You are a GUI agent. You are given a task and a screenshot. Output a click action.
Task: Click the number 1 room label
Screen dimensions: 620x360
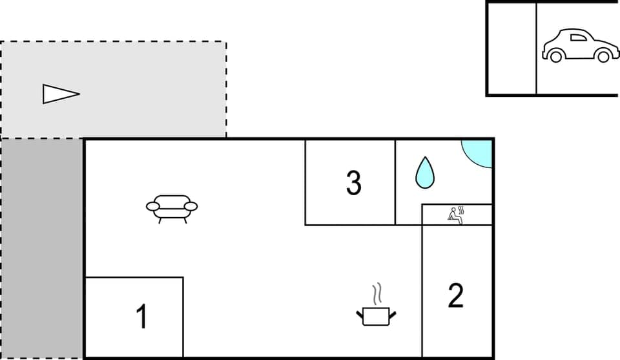(141, 317)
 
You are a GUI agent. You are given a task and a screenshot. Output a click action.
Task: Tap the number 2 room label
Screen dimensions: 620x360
(456, 295)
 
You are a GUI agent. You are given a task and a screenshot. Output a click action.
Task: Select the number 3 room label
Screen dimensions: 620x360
(353, 182)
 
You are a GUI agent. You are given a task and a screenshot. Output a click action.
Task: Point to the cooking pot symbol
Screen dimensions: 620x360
(376, 315)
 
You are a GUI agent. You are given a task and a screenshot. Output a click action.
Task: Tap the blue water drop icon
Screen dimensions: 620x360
(424, 173)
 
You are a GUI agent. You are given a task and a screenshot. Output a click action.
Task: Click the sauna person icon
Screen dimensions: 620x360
(455, 216)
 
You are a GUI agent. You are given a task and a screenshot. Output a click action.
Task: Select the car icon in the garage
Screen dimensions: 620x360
(579, 45)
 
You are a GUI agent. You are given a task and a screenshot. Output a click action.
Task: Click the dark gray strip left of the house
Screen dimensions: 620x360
(42, 249)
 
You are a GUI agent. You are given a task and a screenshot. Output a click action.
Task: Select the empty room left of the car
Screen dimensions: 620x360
(512, 48)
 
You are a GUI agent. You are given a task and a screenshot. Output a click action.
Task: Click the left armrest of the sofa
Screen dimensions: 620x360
(153, 207)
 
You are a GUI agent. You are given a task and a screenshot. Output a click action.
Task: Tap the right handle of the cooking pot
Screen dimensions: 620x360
(392, 315)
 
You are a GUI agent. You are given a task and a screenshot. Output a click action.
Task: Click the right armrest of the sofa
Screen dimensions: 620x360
(191, 206)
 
